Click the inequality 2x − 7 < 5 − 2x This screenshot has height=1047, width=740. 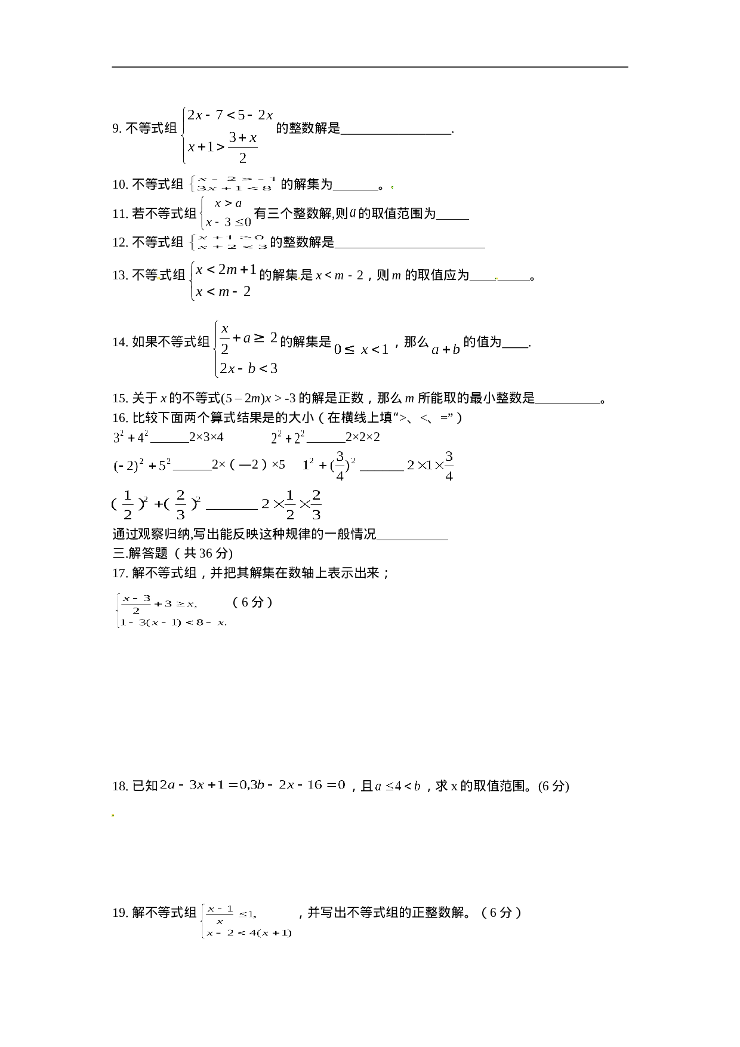(x=230, y=115)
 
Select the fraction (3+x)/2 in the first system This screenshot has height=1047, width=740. (x=242, y=147)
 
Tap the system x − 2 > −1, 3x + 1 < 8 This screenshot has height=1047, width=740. (x=232, y=184)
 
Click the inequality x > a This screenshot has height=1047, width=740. (x=228, y=204)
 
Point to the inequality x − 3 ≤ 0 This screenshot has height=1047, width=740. (x=228, y=223)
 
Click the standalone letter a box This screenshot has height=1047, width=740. (x=353, y=213)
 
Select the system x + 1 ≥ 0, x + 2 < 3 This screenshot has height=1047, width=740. (x=227, y=242)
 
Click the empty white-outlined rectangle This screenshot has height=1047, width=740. (x=222, y=281)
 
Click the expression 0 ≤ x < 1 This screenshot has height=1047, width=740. (x=360, y=350)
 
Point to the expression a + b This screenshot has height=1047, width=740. (x=446, y=350)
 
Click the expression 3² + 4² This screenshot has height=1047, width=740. (x=131, y=438)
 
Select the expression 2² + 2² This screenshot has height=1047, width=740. (x=288, y=438)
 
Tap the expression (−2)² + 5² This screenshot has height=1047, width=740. (x=142, y=466)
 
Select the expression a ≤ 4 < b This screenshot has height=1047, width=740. (x=397, y=786)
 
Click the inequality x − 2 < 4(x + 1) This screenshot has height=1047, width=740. (x=248, y=933)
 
